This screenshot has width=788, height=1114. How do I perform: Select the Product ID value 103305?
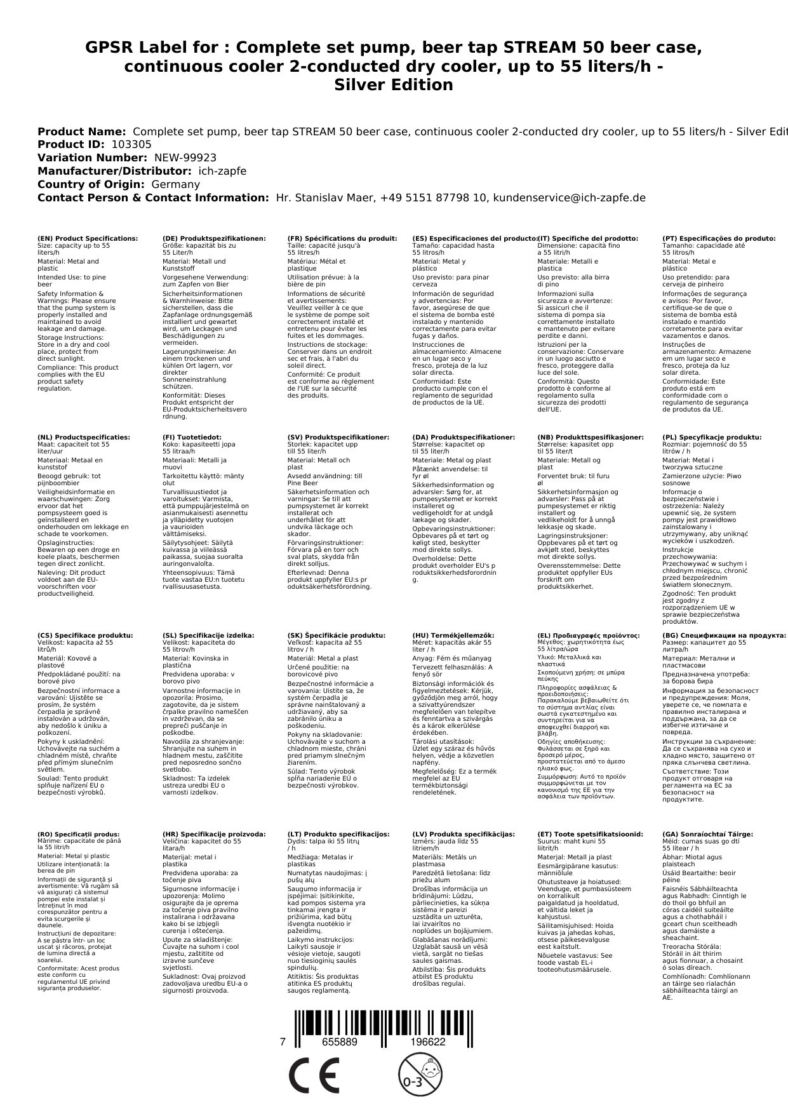pyautogui.click(x=130, y=145)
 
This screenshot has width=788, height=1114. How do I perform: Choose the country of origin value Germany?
pyautogui.click(x=175, y=185)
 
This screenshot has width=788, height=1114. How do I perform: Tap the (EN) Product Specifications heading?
pyautogui.click(x=87, y=239)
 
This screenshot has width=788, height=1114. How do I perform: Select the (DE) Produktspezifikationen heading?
pyautogui.click(x=214, y=239)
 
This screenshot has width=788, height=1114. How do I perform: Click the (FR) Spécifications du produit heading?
pyautogui.click(x=342, y=239)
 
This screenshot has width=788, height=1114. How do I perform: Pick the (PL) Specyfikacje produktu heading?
pyautogui.click(x=712, y=438)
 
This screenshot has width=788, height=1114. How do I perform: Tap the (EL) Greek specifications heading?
pyautogui.click(x=589, y=636)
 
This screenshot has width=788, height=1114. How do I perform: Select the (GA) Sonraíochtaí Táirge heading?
pyautogui.click(x=707, y=835)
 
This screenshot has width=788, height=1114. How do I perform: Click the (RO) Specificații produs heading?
pyautogui.click(x=78, y=835)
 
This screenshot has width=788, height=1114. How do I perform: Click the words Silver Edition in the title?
pyautogui.click(x=394, y=86)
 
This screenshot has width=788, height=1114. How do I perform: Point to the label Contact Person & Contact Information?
pyautogui.click(x=153, y=198)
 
